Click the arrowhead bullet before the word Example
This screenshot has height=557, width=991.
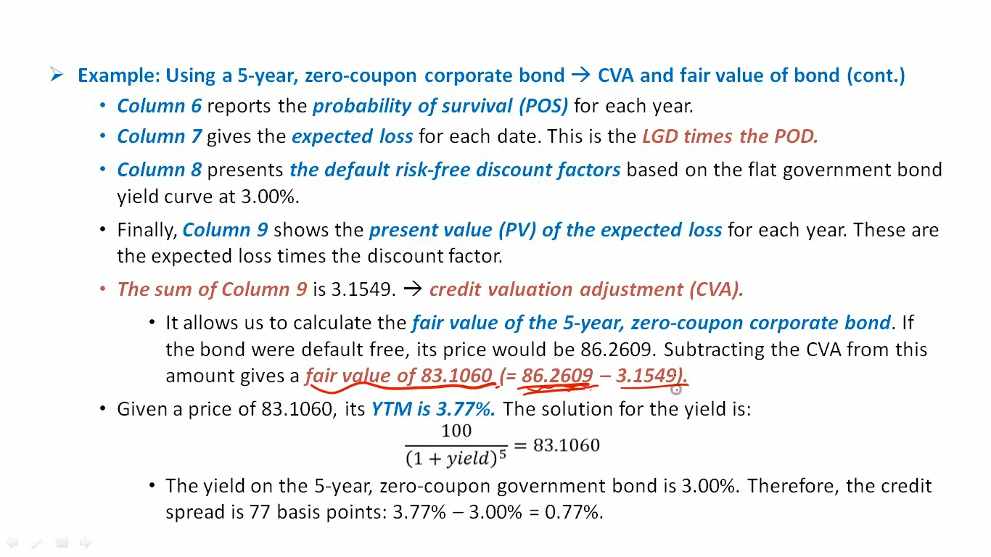point(57,74)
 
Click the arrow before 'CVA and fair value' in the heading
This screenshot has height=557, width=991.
point(581,75)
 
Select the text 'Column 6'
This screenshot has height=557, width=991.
point(160,106)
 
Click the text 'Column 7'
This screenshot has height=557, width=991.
point(160,136)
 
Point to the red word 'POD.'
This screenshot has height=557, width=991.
point(796,136)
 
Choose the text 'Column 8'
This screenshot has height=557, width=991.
point(160,170)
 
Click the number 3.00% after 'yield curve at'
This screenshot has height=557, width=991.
point(269,197)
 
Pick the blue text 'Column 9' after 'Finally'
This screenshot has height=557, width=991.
point(225,230)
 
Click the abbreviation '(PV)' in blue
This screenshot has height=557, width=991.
point(517,230)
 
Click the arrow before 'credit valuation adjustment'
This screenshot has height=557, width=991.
point(412,289)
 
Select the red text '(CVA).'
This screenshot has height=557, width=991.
point(716,289)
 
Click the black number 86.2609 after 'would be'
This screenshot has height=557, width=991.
point(616,350)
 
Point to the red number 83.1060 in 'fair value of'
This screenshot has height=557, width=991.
point(456,376)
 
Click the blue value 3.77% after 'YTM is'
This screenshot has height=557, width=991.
point(466,409)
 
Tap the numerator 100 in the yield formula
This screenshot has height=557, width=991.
point(456,431)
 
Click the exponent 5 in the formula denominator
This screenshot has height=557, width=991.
point(503,454)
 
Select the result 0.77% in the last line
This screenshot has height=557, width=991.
point(573,512)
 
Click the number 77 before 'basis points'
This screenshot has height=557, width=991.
point(260,512)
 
